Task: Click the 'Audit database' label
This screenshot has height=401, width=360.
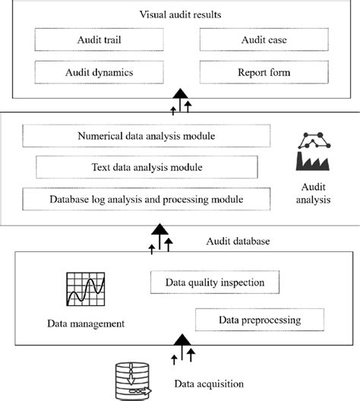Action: pos(237,241)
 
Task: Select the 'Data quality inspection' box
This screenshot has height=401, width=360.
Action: pos(215,283)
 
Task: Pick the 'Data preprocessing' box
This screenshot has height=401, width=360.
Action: pos(258,319)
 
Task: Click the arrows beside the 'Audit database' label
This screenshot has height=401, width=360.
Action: pos(160,238)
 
